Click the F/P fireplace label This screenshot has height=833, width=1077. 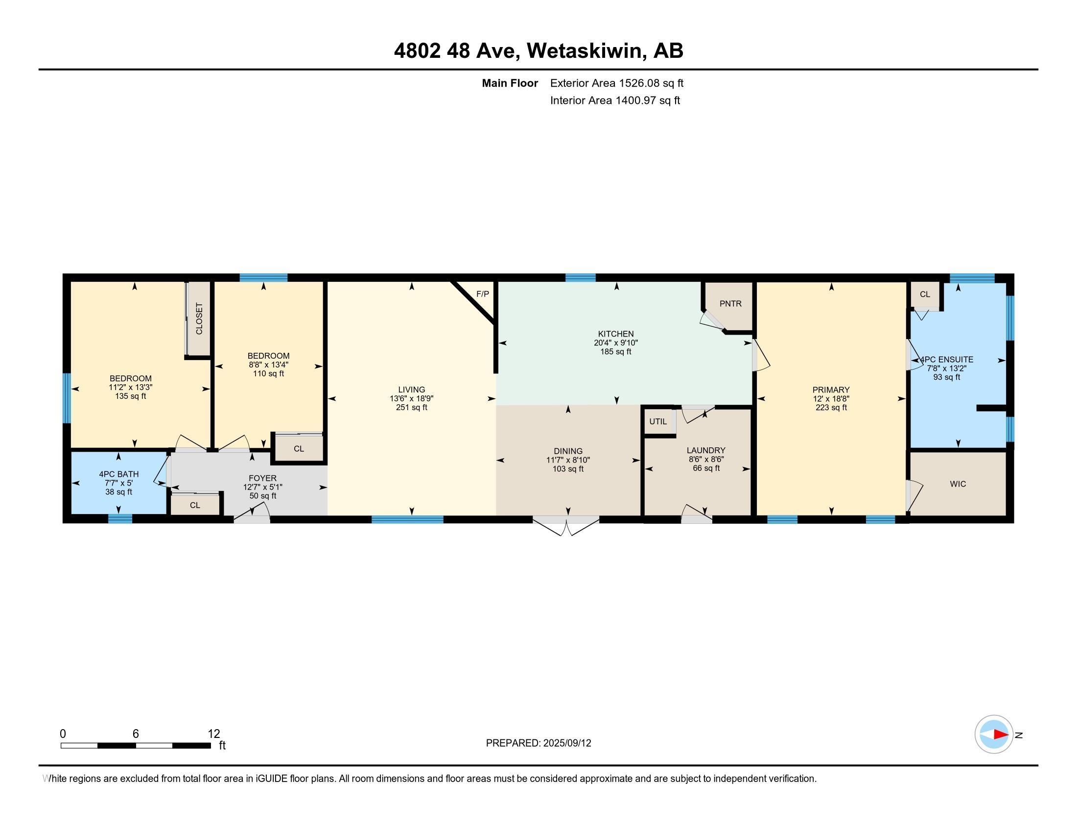click(482, 294)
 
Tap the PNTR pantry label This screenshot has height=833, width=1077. click(730, 303)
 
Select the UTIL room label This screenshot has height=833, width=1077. click(658, 421)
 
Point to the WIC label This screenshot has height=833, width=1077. click(958, 484)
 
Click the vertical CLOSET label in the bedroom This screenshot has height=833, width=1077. click(199, 318)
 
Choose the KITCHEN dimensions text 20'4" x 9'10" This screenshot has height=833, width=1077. click(615, 343)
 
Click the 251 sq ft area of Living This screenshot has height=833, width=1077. click(411, 408)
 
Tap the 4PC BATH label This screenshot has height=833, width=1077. click(119, 474)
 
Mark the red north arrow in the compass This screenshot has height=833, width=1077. click(1001, 735)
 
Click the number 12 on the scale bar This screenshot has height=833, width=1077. click(214, 734)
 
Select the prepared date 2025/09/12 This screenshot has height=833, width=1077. click(567, 743)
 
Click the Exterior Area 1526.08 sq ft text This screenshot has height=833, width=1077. click(617, 83)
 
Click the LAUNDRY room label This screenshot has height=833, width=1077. click(705, 450)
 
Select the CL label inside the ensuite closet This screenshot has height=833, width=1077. click(925, 294)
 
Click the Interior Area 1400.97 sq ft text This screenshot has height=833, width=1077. click(615, 100)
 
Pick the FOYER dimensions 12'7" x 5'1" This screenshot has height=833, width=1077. click(262, 487)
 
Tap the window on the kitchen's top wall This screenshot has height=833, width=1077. click(581, 278)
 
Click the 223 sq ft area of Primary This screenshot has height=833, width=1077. click(831, 408)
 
